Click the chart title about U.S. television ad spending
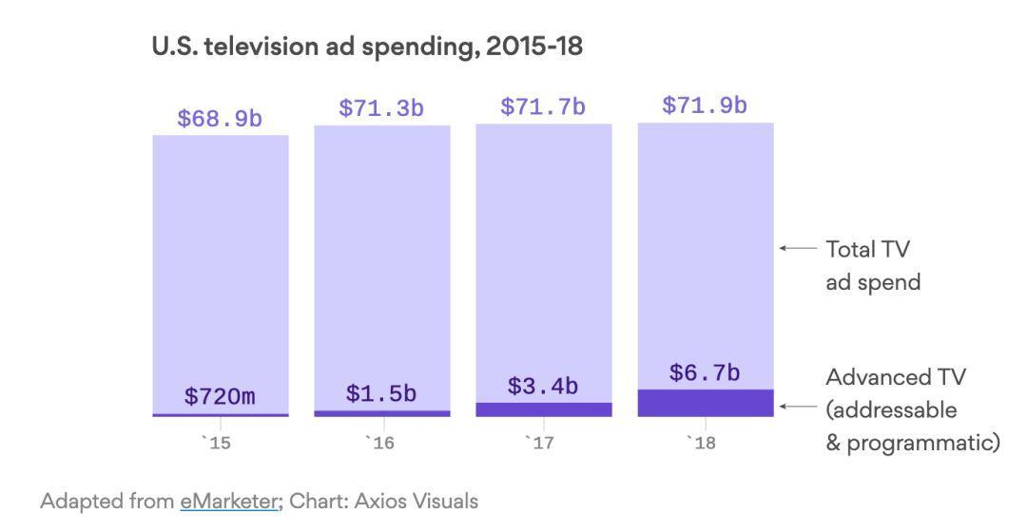click(x=367, y=47)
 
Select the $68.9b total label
click(x=220, y=120)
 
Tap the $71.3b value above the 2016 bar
click(x=381, y=108)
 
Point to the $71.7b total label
click(x=543, y=107)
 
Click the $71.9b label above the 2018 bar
click(x=705, y=105)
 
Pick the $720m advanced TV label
click(x=220, y=396)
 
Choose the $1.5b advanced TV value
click(x=381, y=392)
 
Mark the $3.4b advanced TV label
click(x=543, y=386)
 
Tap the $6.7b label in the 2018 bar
click(x=705, y=373)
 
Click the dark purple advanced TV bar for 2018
click(x=705, y=403)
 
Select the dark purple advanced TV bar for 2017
click(x=543, y=409)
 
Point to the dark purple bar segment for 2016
click(x=381, y=413)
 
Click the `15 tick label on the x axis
click(x=220, y=443)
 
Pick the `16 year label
click(x=381, y=443)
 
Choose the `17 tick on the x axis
click(x=543, y=443)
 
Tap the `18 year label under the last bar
click(x=705, y=443)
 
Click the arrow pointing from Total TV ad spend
click(x=797, y=248)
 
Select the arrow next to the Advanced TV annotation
click(x=797, y=407)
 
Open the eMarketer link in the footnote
click(x=229, y=501)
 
